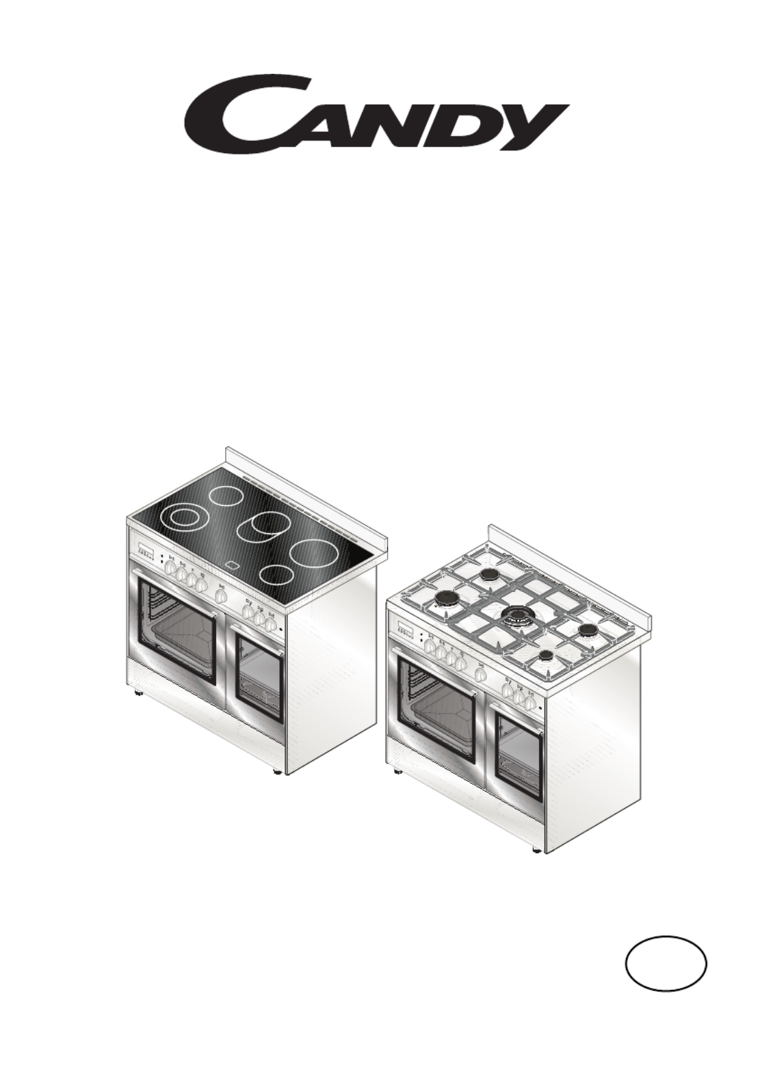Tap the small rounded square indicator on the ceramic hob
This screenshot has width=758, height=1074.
(x=234, y=565)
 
